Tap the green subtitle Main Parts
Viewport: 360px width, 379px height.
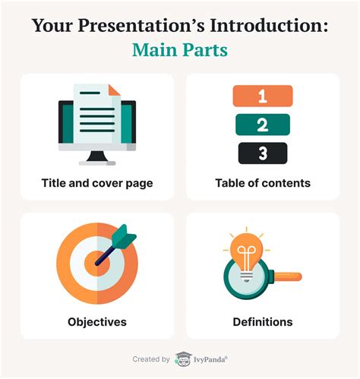tap(180, 50)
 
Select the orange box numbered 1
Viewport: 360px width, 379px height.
tap(263, 96)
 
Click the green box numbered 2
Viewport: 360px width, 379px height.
tap(263, 125)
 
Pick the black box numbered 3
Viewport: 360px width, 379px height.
tap(263, 153)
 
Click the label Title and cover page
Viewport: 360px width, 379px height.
tap(97, 183)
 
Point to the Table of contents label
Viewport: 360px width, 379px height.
tap(263, 183)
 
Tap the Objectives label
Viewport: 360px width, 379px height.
tap(97, 322)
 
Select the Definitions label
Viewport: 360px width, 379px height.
tap(263, 322)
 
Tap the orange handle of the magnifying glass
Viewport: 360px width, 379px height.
tap(288, 276)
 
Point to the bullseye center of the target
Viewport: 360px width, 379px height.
tap(97, 264)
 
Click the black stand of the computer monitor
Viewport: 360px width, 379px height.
tap(97, 156)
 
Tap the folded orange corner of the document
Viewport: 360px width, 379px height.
tap(114, 90)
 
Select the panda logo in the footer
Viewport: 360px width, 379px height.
tap(183, 359)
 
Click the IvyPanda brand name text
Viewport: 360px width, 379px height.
tap(210, 359)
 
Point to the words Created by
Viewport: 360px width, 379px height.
tap(151, 359)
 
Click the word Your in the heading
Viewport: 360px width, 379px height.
tap(52, 26)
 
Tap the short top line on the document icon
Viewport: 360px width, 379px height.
tap(90, 93)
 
